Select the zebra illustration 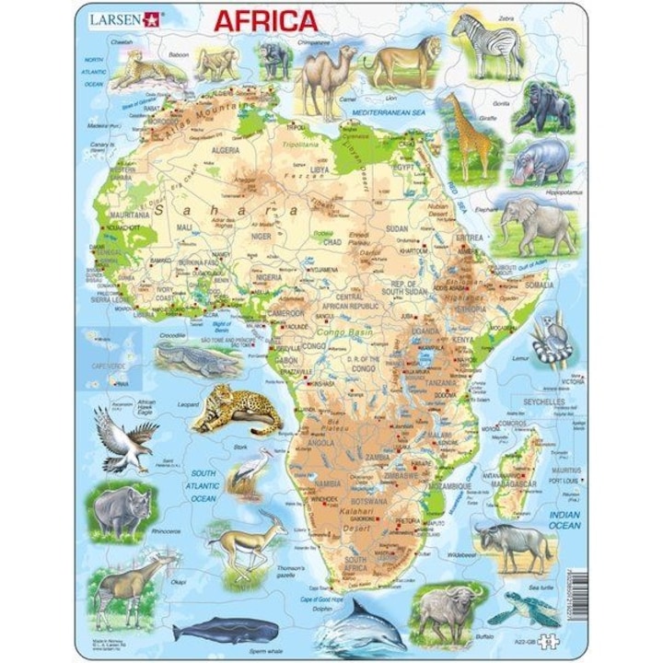pyautogui.click(x=487, y=44)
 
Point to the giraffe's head pyautogui.click(x=451, y=99)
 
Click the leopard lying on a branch pyautogui.click(x=234, y=409)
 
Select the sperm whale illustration pyautogui.click(x=226, y=629)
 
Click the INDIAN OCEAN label pyautogui.click(x=564, y=520)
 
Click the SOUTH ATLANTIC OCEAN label pyautogui.click(x=204, y=486)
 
